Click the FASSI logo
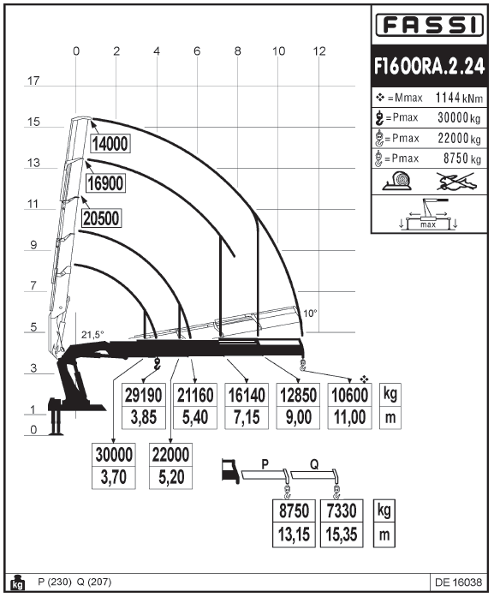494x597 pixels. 429,25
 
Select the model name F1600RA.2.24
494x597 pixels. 429,66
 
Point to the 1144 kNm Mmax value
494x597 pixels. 459,98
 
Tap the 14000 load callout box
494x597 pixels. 110,144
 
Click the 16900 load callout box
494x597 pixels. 105,183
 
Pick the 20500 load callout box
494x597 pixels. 101,218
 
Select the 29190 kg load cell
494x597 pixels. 144,395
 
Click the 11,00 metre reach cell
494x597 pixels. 350,417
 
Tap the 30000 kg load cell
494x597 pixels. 114,455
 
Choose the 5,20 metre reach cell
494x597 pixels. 171,477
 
